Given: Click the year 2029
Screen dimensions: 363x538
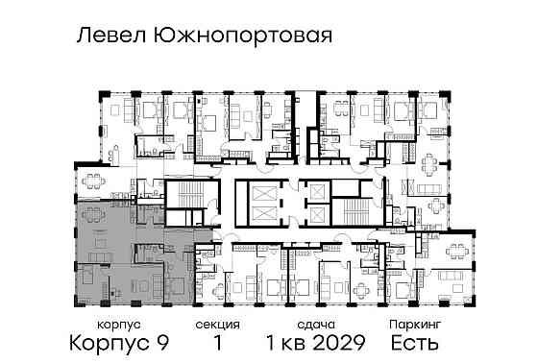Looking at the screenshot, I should point(338,343).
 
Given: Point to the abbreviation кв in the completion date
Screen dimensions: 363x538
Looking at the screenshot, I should point(290,343).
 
